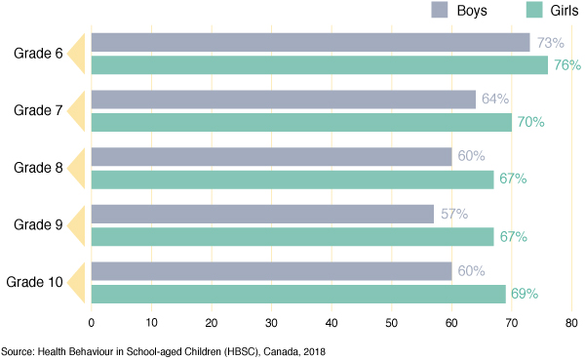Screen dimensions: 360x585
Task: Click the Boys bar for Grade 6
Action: coord(310,42)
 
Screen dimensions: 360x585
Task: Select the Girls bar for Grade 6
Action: coord(319,65)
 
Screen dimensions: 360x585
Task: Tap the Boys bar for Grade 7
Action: coord(283,100)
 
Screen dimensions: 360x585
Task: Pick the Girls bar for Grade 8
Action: coord(292,180)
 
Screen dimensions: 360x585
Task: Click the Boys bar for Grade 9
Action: coord(262,214)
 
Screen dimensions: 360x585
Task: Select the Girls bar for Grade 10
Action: coord(298,294)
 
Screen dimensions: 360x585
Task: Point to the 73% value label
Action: coord(551,42)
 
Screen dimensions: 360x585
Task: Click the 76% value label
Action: coord(566,65)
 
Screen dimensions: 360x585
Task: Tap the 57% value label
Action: coord(453,214)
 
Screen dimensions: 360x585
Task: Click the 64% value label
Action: coord(495,100)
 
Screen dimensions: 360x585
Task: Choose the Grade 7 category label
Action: coord(38,110)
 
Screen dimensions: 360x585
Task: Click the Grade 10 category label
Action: coord(35,282)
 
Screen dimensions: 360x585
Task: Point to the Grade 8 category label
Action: coord(38,168)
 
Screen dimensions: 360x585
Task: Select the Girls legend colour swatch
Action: coord(532,11)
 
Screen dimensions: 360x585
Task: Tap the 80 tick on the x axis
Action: coord(572,323)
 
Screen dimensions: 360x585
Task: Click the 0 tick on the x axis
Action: coord(91,323)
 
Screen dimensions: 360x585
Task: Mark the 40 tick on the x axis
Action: coord(331,323)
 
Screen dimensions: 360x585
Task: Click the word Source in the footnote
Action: coord(17,350)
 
